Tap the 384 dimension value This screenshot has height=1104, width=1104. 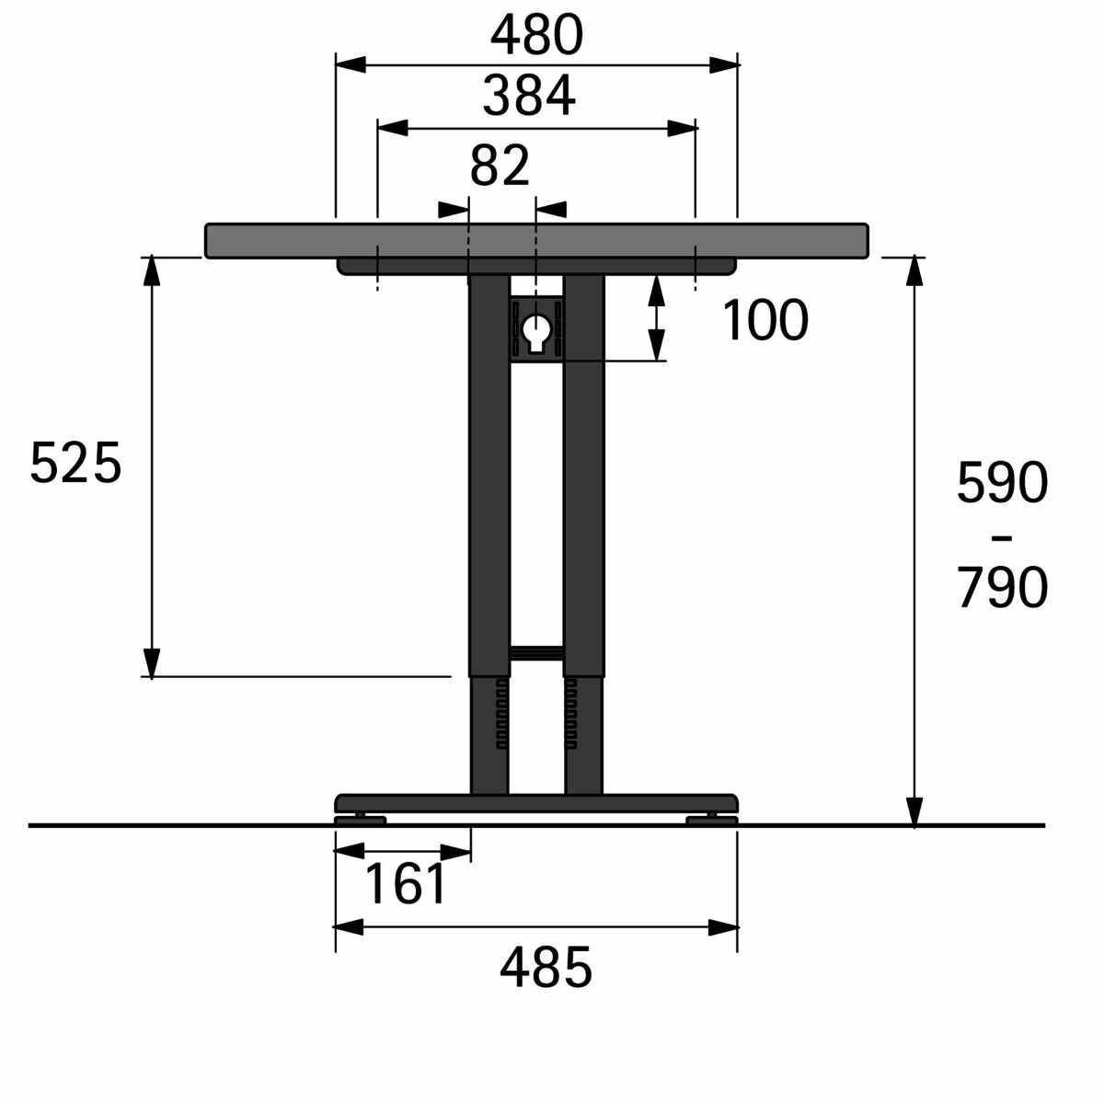(x=529, y=95)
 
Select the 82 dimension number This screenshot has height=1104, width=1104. (x=500, y=166)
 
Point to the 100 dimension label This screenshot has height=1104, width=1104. (x=765, y=320)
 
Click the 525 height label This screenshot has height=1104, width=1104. (x=75, y=463)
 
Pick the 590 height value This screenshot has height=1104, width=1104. (x=1002, y=484)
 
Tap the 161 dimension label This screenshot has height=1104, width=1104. (x=405, y=883)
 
